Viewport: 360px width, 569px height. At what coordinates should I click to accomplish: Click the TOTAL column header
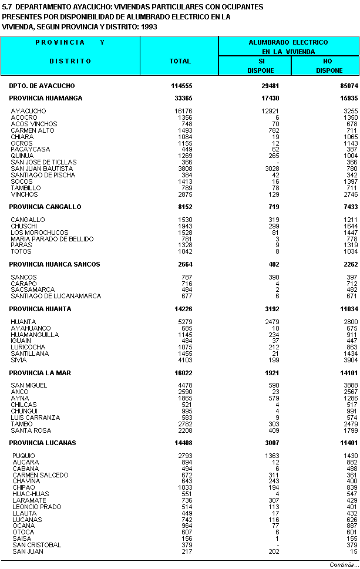[x=180, y=61]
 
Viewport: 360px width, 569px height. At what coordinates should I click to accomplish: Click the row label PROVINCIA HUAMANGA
[x=46, y=98]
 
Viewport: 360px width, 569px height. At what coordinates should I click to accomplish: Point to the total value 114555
[x=181, y=86]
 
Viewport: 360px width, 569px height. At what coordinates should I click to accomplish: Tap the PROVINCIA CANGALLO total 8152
[x=187, y=207]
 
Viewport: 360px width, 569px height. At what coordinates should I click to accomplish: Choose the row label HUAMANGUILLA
[x=35, y=335]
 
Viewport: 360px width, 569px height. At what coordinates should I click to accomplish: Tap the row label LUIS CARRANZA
[x=35, y=418]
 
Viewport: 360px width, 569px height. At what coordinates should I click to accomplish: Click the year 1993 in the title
[x=148, y=27]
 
